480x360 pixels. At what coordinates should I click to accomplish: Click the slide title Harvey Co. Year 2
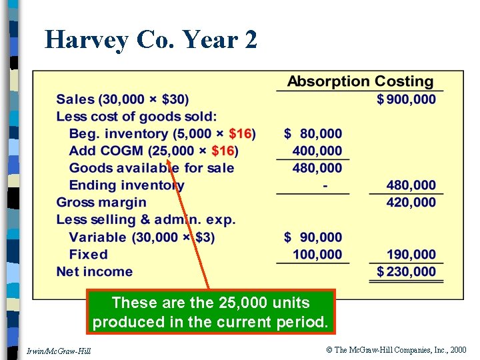pos(151,40)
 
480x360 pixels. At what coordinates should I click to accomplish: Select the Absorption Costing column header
pos(360,82)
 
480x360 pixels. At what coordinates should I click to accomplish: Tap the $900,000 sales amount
pos(406,99)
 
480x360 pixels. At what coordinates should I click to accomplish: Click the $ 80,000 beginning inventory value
pos(313,134)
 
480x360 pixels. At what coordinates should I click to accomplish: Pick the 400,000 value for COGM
pos(317,151)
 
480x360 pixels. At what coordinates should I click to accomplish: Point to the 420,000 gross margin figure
pos(411,202)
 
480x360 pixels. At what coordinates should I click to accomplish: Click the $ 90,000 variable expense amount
pos(313,237)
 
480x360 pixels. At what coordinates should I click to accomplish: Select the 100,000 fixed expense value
pos(317,254)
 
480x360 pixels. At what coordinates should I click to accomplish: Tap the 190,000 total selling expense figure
pos(411,254)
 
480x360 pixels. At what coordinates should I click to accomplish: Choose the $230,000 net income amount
pos(406,271)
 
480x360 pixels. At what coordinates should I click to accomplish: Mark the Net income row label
pos(95,271)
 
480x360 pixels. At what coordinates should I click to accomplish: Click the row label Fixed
pos(88,254)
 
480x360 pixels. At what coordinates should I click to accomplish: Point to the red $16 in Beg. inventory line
pos(240,134)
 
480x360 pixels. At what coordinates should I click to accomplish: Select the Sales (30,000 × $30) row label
pos(123,99)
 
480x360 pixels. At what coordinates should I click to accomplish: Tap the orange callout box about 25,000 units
pos(211,312)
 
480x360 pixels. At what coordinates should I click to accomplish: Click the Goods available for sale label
pos(151,168)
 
